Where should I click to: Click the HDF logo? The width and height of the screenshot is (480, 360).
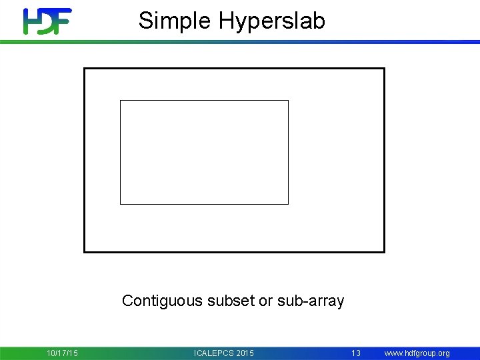coord(47,21)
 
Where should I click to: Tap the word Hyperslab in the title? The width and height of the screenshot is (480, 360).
coord(272,21)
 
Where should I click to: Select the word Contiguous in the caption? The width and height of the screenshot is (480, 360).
coord(162,301)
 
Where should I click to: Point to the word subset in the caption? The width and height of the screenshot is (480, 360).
coord(231,301)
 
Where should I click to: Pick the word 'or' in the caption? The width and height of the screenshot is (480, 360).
coord(265,301)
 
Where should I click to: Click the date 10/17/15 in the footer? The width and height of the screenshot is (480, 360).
coord(62,353)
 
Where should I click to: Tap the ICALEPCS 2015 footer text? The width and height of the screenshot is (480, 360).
coord(223,353)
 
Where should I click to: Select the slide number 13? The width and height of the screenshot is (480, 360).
coord(356,353)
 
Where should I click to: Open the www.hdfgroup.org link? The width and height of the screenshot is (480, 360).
coord(417,353)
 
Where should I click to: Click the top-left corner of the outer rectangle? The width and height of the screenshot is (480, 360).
coord(84,69)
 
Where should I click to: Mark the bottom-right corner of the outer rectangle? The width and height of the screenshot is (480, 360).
coord(384,251)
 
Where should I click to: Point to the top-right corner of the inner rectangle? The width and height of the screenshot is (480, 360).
coord(288,101)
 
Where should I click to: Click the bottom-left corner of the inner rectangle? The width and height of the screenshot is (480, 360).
coord(121,203)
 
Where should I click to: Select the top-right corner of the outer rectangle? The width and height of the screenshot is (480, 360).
coord(384,69)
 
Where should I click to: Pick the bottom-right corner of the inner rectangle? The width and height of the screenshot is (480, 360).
coord(288,203)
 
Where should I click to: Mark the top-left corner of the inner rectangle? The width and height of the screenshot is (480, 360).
coord(121,101)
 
